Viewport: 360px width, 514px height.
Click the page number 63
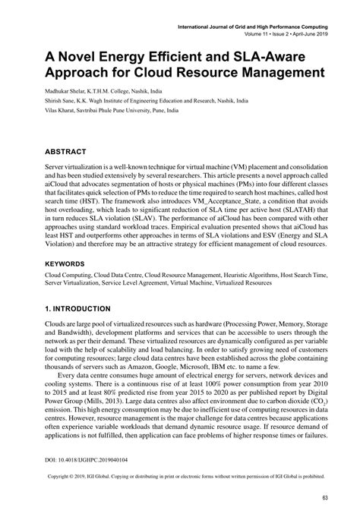coord(324,497)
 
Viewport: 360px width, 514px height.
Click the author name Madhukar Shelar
coord(52,90)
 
